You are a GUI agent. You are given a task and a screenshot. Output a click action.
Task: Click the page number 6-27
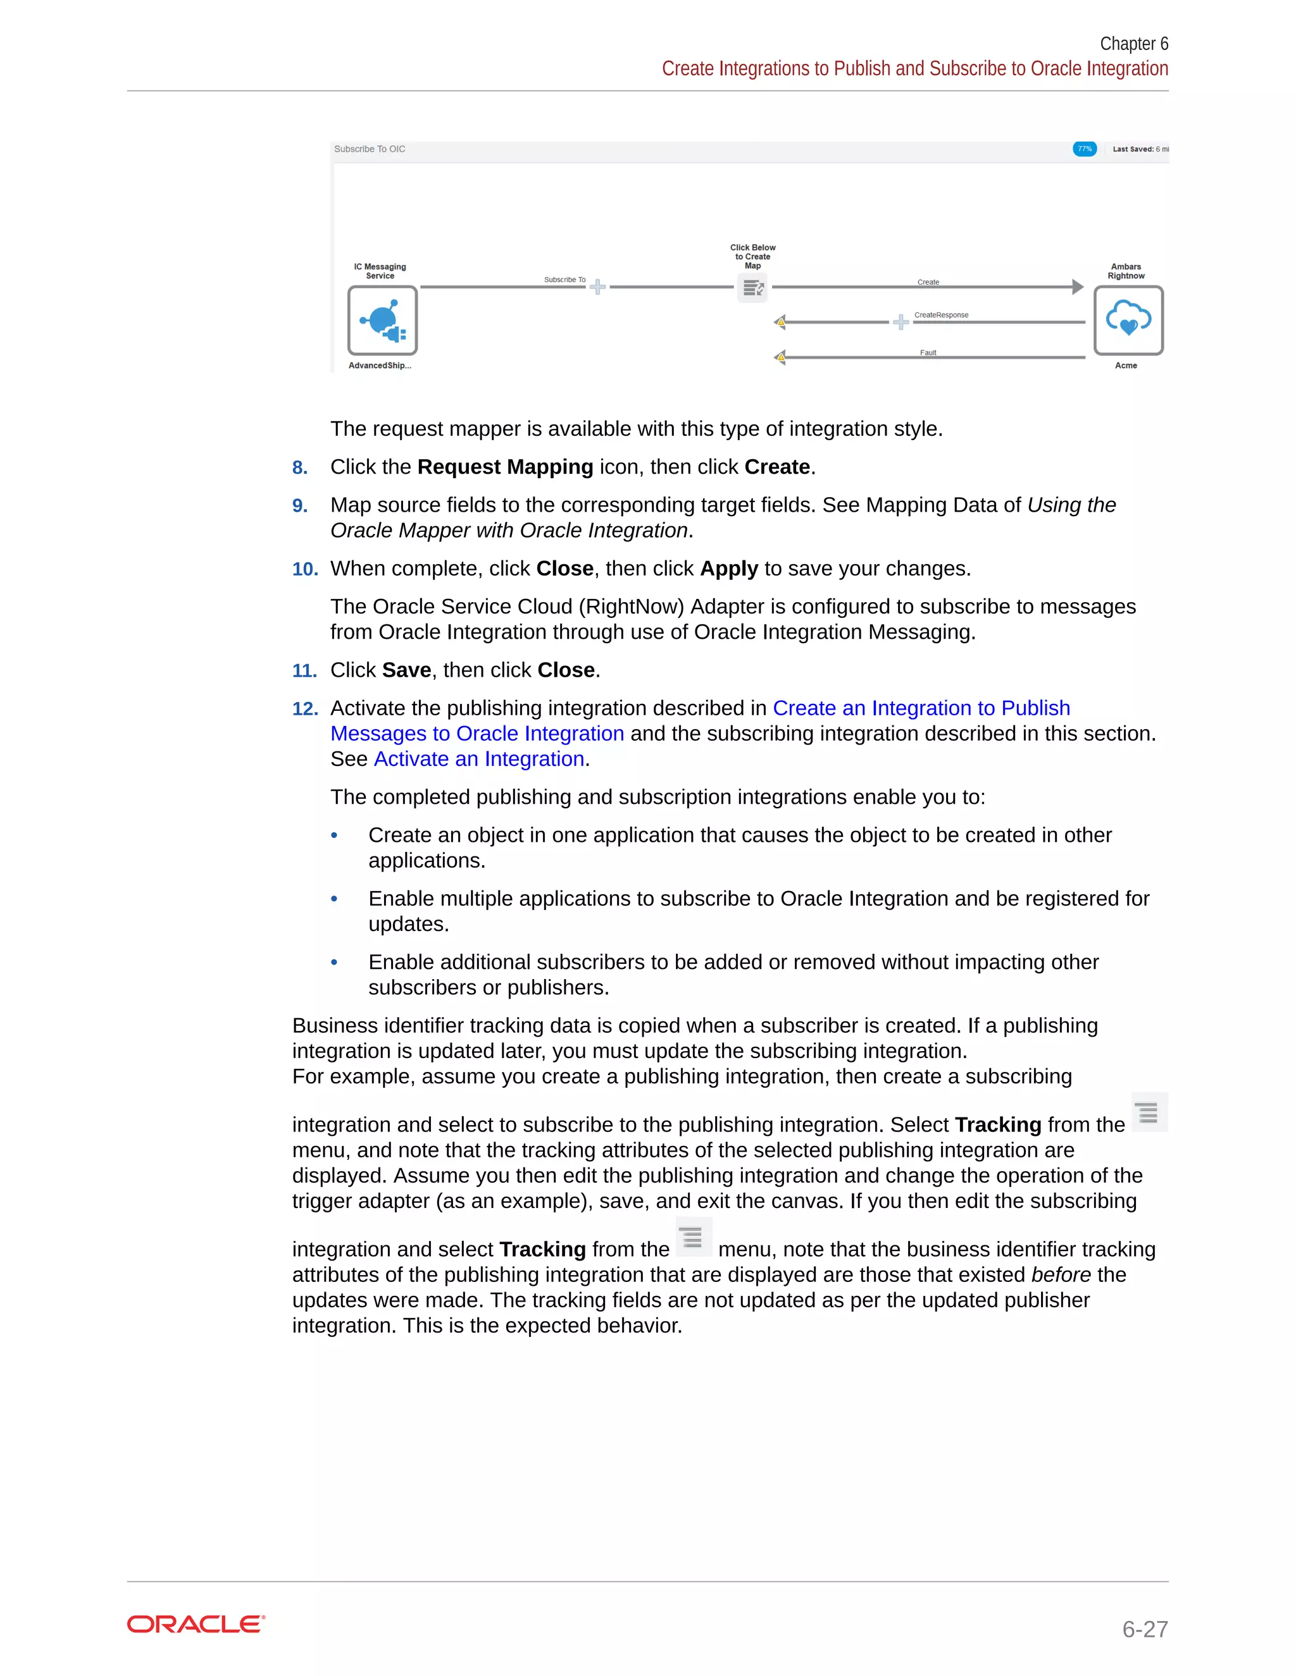[x=1144, y=1629]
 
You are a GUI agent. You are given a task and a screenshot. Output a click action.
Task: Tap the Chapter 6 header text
[x=1133, y=44]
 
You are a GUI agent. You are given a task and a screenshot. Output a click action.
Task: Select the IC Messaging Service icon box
[x=382, y=320]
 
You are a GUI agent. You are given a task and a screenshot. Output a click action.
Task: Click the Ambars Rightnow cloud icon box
[x=1127, y=320]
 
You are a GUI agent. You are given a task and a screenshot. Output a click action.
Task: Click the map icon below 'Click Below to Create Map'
[x=752, y=288]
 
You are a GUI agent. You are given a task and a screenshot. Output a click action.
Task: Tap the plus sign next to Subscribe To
[x=597, y=287]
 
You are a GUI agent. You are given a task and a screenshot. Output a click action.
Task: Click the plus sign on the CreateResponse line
[x=900, y=323]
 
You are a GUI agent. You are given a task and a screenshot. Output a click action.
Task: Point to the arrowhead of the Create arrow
[x=1077, y=287]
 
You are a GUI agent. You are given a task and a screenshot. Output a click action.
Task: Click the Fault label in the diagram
[x=928, y=353]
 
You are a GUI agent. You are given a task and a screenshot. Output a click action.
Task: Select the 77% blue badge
[x=1084, y=149]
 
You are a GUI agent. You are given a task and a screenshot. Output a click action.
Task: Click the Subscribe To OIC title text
[x=370, y=149]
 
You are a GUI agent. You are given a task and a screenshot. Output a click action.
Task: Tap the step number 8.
[x=299, y=467]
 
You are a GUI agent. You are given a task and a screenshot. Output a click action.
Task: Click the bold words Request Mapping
[x=504, y=467]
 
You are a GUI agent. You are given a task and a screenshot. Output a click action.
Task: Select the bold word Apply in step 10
[x=728, y=569]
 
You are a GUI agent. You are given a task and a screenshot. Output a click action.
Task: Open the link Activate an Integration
[x=478, y=759]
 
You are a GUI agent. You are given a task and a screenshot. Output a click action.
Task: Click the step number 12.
[x=305, y=708]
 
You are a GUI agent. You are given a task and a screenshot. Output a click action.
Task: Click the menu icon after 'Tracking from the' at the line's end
[x=1148, y=1112]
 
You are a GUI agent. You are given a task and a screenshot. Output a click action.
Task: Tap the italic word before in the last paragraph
[x=1061, y=1274]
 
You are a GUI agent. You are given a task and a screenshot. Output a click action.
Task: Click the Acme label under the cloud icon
[x=1126, y=366]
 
